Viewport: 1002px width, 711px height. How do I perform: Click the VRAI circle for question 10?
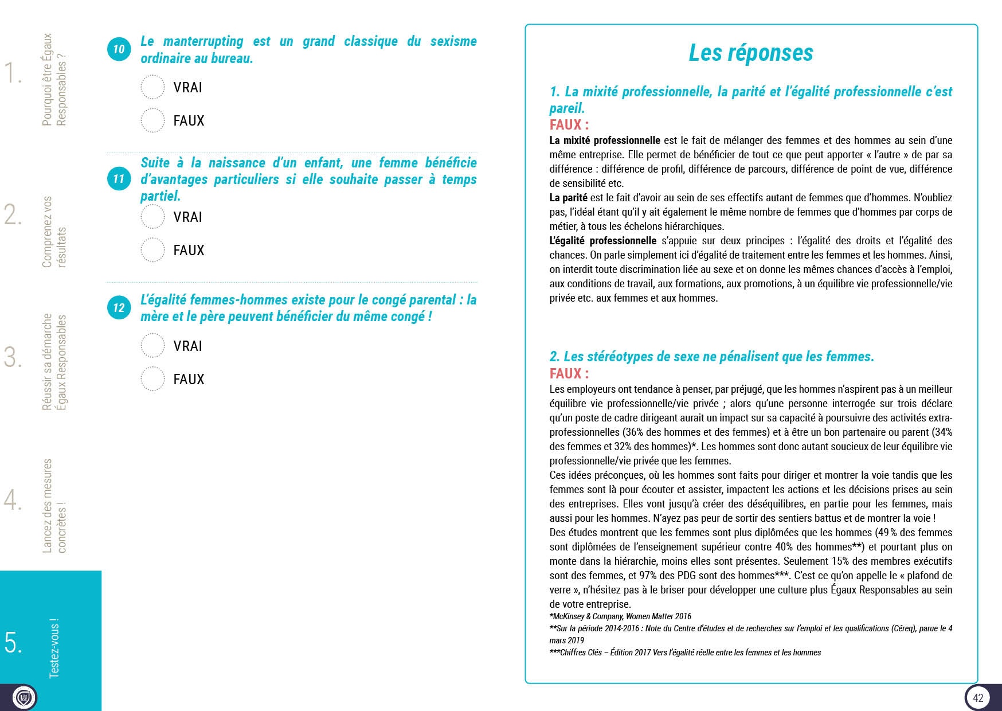coord(152,87)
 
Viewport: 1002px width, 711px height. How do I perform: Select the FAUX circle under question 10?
coord(152,120)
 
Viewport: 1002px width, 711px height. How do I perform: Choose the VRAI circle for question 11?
coord(152,217)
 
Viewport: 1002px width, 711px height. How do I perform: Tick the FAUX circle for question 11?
coord(152,250)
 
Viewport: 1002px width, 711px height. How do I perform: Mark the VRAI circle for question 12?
coord(152,346)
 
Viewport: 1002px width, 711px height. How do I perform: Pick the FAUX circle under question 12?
coord(152,379)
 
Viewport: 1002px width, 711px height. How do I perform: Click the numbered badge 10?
coord(119,49)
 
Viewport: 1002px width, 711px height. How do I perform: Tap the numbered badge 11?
coord(119,179)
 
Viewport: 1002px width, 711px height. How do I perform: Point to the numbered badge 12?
coord(119,308)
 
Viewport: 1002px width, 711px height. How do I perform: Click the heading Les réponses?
coord(750,53)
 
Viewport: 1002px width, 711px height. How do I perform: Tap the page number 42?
coord(978,697)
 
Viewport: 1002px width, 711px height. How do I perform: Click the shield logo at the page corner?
coord(24,697)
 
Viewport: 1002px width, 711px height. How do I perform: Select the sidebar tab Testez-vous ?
coord(54,648)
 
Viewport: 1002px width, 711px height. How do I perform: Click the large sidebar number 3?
coord(13,357)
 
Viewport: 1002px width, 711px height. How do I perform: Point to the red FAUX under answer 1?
coord(569,124)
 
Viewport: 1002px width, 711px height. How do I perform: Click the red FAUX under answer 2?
coord(569,373)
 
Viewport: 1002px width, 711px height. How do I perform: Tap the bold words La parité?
coord(568,198)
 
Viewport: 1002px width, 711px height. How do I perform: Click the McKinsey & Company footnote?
coord(620,616)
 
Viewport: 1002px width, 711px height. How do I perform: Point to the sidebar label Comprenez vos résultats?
coord(54,232)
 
